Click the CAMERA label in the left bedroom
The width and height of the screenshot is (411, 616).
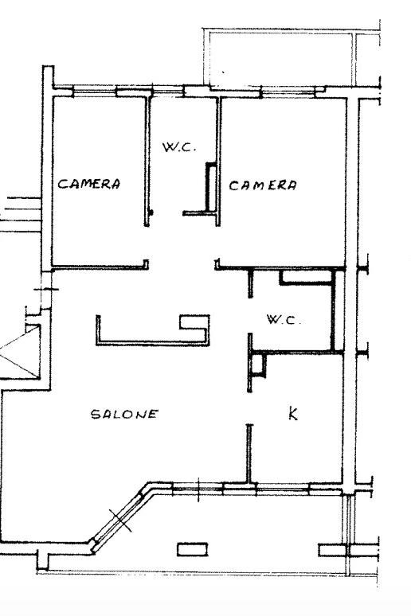point(89,184)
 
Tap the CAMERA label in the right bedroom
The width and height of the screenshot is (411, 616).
point(263,185)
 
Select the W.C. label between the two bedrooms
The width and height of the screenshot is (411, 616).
point(179,147)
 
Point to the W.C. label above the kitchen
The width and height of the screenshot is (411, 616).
point(284,319)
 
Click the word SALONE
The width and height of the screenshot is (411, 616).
point(124,414)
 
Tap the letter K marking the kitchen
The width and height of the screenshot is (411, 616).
point(293,414)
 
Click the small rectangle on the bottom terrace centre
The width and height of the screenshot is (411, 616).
point(192,549)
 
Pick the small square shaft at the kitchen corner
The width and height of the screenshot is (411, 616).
point(258,365)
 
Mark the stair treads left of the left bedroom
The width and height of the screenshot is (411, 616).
point(21,215)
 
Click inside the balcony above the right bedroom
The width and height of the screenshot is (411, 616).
point(281,59)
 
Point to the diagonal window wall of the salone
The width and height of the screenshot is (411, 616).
point(118,517)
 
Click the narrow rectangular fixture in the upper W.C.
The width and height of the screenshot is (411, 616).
point(212,187)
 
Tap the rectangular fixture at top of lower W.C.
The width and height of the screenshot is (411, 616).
point(306,277)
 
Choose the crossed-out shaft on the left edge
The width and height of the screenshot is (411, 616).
point(20,353)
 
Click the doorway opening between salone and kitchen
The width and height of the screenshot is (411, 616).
point(249,408)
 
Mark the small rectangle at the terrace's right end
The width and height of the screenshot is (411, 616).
point(332,550)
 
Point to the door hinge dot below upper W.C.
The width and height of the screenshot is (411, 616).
point(151,212)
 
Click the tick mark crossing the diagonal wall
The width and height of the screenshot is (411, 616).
point(120,520)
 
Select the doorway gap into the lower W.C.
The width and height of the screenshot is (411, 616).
point(250,315)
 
